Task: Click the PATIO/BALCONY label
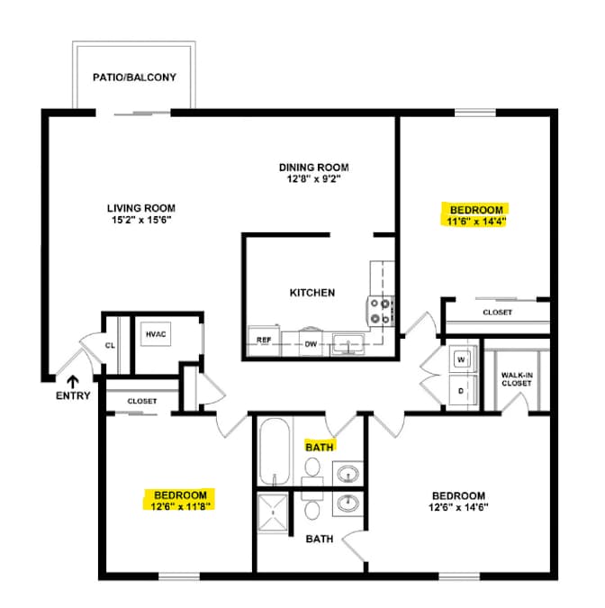click(134, 77)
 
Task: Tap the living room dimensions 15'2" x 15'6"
click(141, 220)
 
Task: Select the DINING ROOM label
click(314, 168)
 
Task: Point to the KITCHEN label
click(312, 293)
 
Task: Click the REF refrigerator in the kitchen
click(264, 340)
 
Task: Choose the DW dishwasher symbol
click(311, 343)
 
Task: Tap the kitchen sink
click(348, 344)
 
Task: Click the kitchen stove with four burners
click(381, 311)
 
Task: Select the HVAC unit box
click(156, 334)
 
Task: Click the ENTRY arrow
click(73, 382)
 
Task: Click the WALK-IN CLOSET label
click(517, 379)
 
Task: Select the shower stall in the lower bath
click(273, 513)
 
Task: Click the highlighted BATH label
click(320, 448)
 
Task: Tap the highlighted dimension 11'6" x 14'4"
click(477, 222)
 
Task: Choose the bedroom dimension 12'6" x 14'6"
click(458, 507)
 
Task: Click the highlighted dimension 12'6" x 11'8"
click(180, 506)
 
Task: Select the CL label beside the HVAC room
click(110, 345)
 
